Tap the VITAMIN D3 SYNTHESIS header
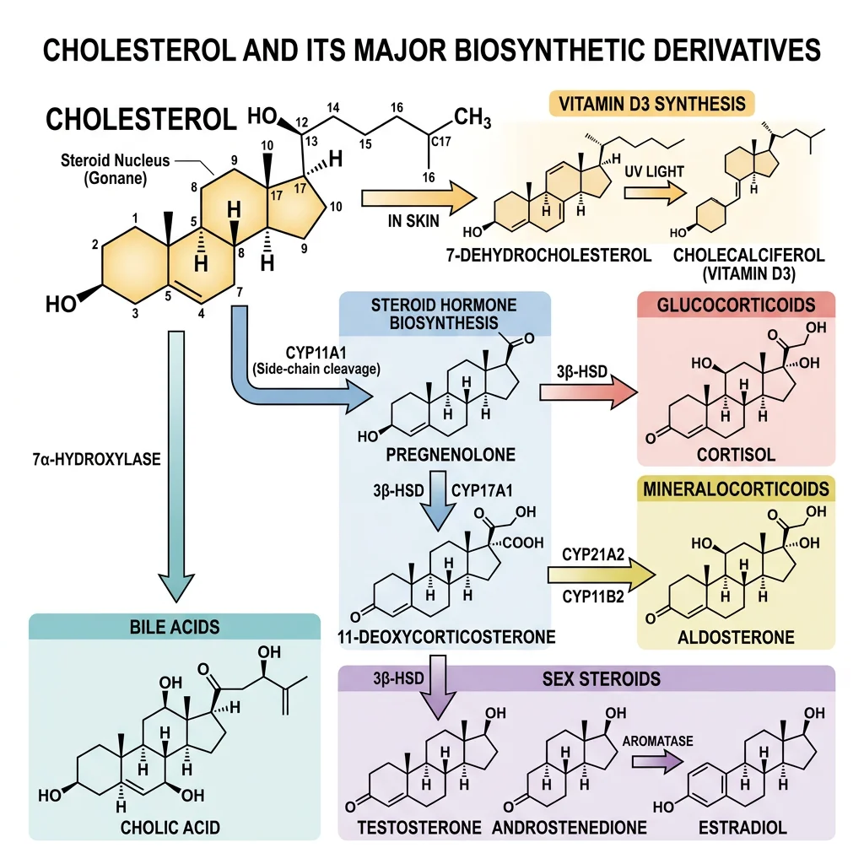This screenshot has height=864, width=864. point(653,104)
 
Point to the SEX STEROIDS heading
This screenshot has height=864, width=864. point(613,678)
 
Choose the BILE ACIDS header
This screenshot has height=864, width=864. point(175,627)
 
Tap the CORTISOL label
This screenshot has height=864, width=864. point(735,456)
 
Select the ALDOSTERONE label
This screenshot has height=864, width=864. point(736,637)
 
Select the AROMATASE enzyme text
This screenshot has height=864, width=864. point(657,740)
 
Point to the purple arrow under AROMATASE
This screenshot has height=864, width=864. point(656,763)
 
